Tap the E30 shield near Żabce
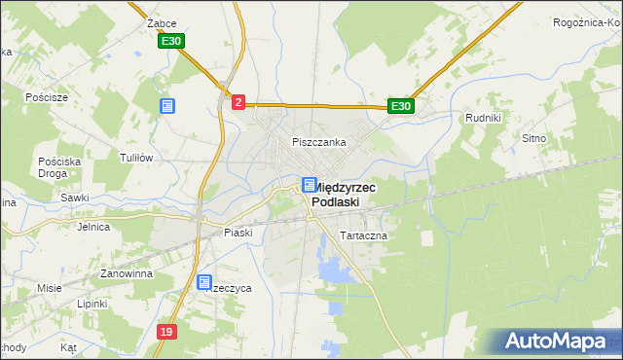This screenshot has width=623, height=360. click(x=171, y=41)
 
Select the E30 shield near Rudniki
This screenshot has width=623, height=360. click(x=402, y=106)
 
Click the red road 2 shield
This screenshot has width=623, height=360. click(x=238, y=100)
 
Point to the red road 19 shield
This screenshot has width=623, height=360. click(x=167, y=333)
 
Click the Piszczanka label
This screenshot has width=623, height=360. click(x=319, y=142)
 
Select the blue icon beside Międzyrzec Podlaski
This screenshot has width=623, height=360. click(x=309, y=185)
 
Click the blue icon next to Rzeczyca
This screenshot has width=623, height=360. click(x=204, y=283)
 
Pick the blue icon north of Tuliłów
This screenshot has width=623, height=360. click(x=167, y=105)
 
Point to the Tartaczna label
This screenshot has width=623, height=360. click(x=363, y=236)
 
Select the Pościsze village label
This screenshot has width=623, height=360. click(x=48, y=98)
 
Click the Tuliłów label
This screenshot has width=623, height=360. click(x=136, y=158)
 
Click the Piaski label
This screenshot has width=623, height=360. click(x=238, y=233)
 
